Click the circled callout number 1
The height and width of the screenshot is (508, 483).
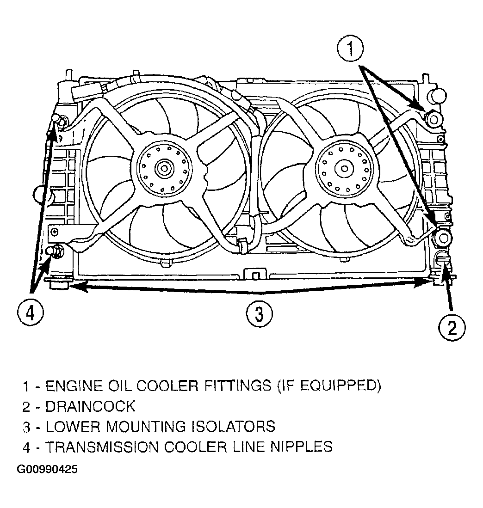(350, 48)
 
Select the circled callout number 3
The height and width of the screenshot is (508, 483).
(260, 313)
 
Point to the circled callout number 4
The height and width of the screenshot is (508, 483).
(30, 313)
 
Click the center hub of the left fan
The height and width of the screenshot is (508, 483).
(164, 168)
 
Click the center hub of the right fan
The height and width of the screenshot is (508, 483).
(344, 168)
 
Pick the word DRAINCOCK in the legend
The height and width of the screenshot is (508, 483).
(90, 406)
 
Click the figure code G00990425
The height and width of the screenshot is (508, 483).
(47, 469)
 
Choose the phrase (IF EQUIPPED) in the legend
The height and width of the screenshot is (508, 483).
(329, 386)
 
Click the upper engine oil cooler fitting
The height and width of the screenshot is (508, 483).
(433, 119)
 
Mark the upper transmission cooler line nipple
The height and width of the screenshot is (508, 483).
(60, 120)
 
